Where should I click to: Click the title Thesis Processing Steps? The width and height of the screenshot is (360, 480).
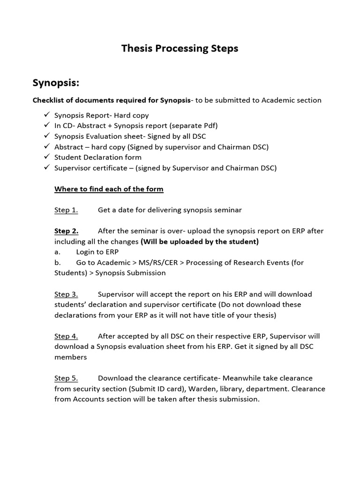180,48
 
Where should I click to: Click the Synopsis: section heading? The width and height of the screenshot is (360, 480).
56,83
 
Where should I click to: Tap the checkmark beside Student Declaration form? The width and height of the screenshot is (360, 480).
46,157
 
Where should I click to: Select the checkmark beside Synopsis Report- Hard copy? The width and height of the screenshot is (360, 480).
46,115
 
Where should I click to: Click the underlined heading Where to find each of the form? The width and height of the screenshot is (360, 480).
109,189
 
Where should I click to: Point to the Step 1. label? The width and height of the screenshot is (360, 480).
66,210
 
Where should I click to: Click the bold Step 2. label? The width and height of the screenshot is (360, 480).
67,231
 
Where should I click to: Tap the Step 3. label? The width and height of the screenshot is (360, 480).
66,294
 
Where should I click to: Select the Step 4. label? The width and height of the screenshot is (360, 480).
66,336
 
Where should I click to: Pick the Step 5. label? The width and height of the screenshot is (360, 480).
66,378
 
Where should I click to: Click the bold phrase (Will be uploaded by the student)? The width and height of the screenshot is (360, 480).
200,242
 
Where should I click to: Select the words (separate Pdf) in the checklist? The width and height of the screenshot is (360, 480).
191,126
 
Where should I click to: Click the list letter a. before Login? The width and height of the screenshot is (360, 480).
57,252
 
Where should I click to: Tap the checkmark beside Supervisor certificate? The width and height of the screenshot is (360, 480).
46,168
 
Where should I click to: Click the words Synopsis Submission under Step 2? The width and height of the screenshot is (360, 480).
130,273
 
